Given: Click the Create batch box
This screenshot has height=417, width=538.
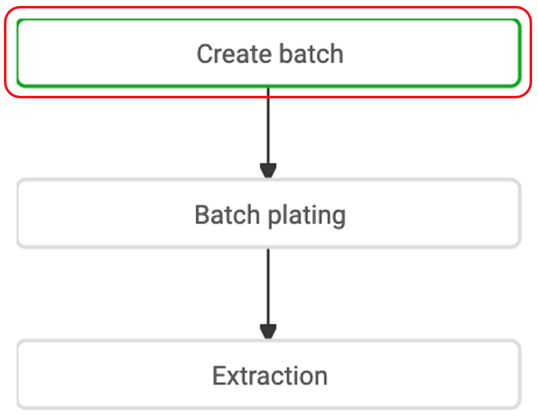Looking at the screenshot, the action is pyautogui.click(x=269, y=53).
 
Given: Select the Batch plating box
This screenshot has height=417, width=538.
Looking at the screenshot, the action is pyautogui.click(x=269, y=213).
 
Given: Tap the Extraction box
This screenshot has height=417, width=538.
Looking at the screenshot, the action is pyautogui.click(x=269, y=375).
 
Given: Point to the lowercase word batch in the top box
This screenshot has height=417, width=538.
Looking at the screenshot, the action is pyautogui.click(x=311, y=53).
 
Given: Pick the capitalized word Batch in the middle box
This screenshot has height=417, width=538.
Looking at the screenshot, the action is pyautogui.click(x=227, y=214).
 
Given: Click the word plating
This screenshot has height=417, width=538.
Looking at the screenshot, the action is pyautogui.click(x=307, y=216).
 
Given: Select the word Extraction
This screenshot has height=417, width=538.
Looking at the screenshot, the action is pyautogui.click(x=270, y=376).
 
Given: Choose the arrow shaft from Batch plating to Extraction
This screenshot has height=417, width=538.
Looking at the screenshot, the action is pyautogui.click(x=269, y=287).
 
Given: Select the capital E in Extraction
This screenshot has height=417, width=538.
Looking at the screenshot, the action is pyautogui.click(x=220, y=376).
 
